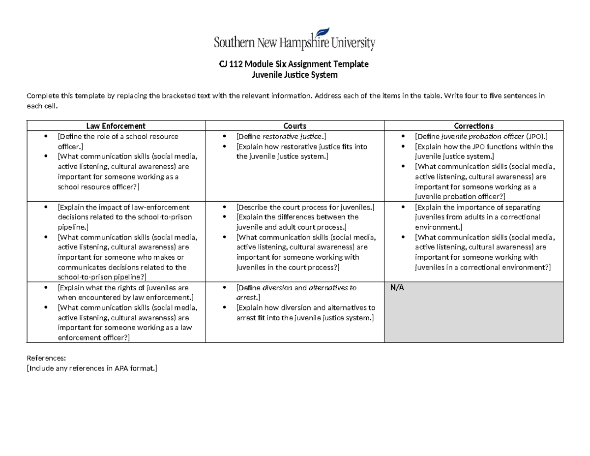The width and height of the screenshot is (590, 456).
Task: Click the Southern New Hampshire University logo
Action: [x=295, y=41]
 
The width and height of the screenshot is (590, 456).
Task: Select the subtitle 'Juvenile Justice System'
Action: [x=295, y=75]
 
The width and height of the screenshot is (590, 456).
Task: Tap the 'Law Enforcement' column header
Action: [x=116, y=126]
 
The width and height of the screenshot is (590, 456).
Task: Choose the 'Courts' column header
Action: [x=295, y=126]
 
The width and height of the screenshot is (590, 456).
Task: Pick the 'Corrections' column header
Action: [x=473, y=126]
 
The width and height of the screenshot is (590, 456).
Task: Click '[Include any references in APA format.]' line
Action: [x=92, y=368]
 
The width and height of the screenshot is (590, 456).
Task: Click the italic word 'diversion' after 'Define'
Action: [x=278, y=288]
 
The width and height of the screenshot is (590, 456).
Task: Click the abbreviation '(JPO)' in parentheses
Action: [x=535, y=136]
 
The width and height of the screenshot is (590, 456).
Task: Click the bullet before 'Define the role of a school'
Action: [x=46, y=136]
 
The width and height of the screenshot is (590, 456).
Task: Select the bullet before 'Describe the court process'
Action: [x=225, y=207]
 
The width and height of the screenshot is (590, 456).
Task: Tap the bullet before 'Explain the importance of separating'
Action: [x=404, y=207]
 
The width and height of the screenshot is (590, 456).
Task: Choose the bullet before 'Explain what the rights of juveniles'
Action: [x=46, y=288]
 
